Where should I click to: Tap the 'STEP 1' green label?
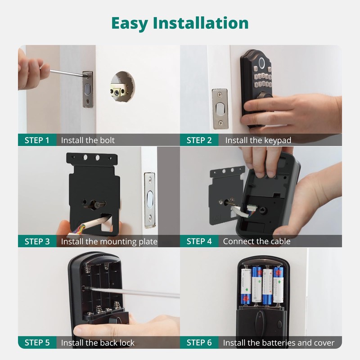pos(37,140)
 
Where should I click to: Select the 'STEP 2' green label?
pos(199,140)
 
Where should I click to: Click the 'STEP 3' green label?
pos(37,241)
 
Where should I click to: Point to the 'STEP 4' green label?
pos(199,241)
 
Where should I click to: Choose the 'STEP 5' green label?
pos(37,343)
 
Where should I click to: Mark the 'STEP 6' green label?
pos(199,343)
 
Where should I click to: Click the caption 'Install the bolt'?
pos(88,140)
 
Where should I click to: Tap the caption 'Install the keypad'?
pos(258,140)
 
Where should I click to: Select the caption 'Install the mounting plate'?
pos(109,241)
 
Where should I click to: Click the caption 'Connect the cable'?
pos(256,241)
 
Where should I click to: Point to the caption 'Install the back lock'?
pos(98,343)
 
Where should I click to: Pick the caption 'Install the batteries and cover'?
pos(279,343)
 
